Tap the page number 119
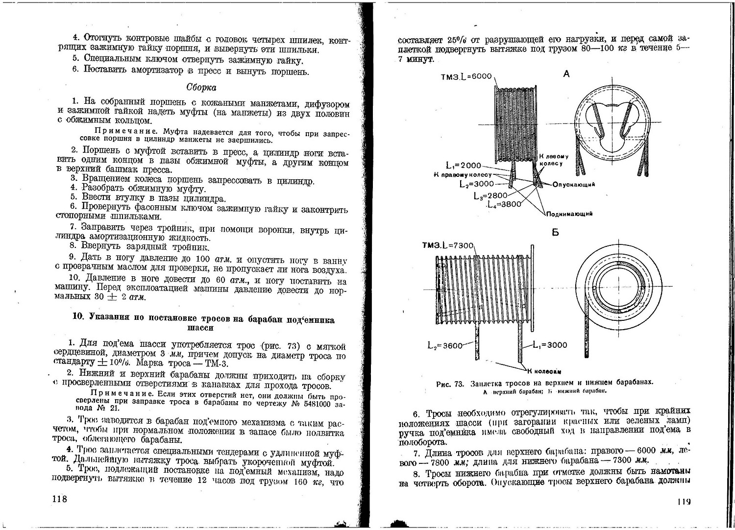(684, 501)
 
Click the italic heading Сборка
(201, 87)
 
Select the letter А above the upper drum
(567, 74)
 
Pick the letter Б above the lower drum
(555, 233)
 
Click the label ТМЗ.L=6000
(466, 77)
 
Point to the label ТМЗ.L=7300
(448, 245)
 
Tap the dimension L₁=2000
(464, 166)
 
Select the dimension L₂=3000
(477, 184)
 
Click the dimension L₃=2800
(490, 195)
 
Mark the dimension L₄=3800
(505, 204)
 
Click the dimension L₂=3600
(445, 345)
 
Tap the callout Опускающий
(574, 184)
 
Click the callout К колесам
(544, 371)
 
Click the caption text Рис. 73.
(450, 384)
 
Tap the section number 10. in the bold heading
(78, 316)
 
